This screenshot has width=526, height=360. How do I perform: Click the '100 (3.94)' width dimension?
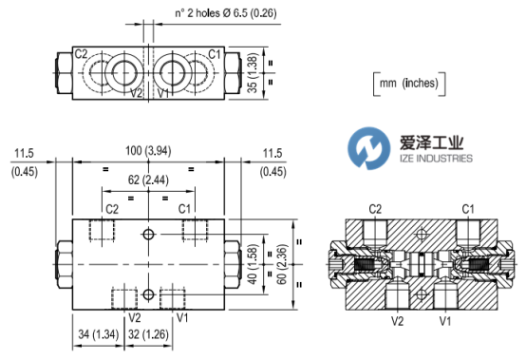pos(148,151)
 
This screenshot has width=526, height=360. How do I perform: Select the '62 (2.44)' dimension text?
pos(148,180)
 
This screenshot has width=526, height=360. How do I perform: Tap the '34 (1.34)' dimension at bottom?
pos(99,334)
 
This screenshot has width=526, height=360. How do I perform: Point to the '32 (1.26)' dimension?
pos(148,334)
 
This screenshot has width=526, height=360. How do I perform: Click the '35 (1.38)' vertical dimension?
pos(253,73)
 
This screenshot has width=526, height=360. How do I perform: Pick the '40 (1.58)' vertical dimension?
pos(253,264)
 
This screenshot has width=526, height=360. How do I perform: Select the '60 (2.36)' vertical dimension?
pos(282,264)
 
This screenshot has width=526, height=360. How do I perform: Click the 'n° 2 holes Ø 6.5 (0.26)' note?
pos(226,13)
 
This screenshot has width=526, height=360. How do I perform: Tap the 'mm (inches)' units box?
pos(409,84)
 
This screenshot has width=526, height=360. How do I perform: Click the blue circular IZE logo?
pos(368,148)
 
